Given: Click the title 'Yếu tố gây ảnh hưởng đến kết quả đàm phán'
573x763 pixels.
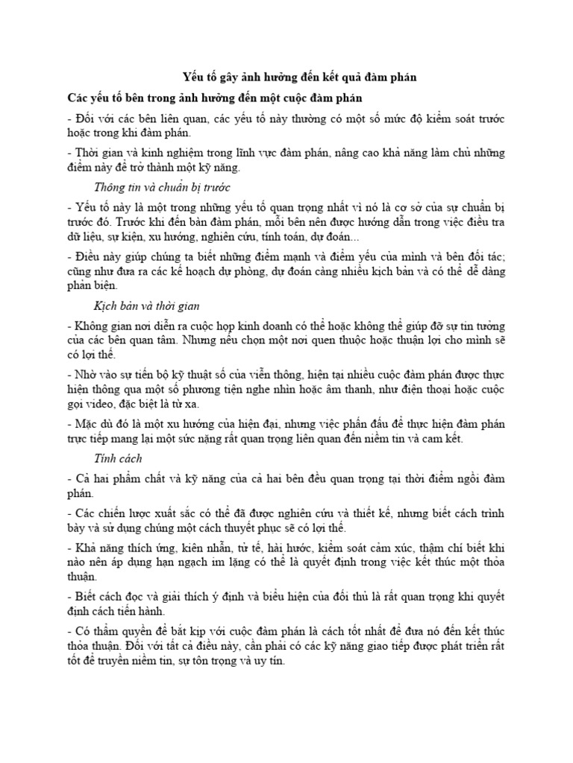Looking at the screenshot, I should tap(299, 77).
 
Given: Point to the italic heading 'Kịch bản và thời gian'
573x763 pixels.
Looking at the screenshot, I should tap(146, 306).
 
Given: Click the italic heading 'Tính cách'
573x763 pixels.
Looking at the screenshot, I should tap(118, 458).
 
